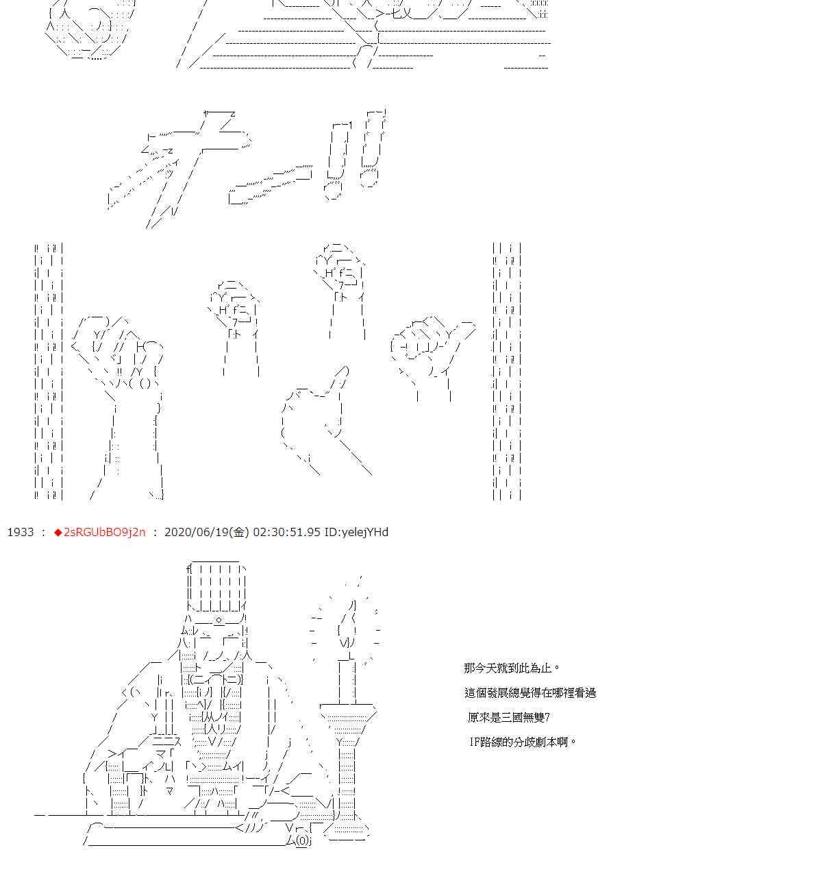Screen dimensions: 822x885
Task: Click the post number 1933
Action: [x=21, y=532]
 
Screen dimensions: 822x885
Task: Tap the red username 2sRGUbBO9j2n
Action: [x=105, y=532]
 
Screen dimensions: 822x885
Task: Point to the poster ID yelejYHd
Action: [x=356, y=532]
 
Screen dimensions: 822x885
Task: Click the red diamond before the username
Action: [x=58, y=533]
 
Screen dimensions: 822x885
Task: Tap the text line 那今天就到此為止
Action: [x=511, y=668]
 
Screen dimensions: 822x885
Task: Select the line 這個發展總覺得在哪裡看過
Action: [x=530, y=692]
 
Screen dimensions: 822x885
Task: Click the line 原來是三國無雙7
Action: [x=508, y=717]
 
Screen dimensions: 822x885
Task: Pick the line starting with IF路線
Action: [x=523, y=742]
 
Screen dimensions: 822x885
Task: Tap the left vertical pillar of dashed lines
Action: [x=49, y=371]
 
